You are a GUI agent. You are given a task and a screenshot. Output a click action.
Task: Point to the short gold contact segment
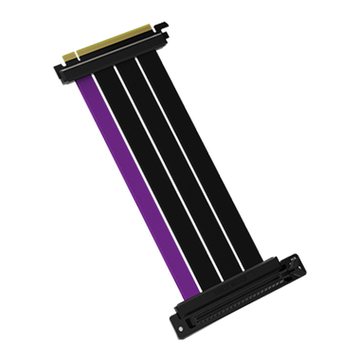click(69, 55)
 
